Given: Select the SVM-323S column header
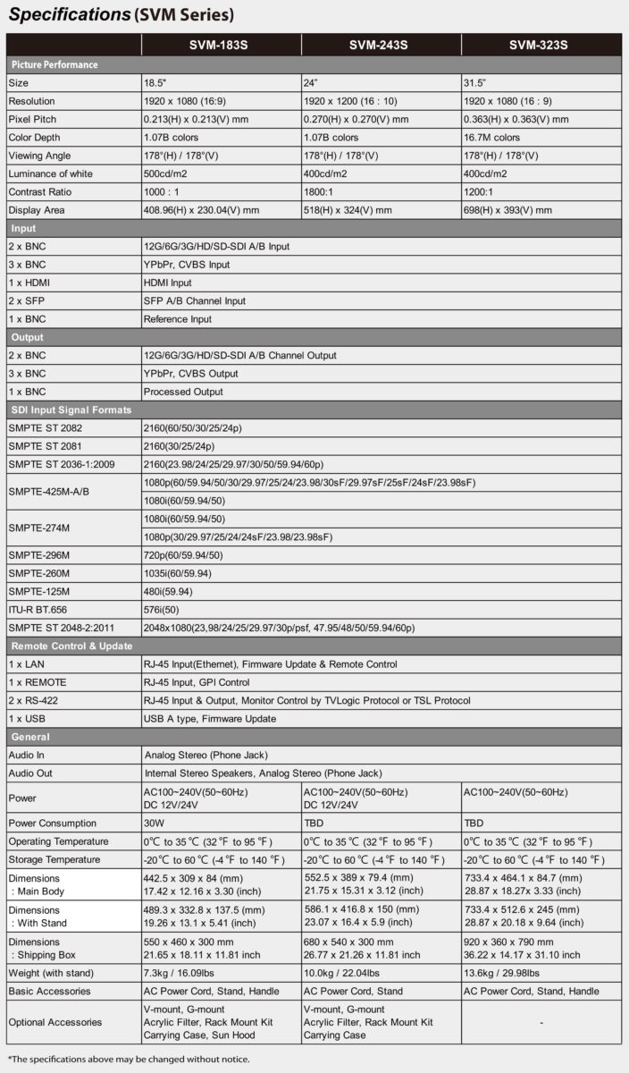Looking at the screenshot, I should click(x=539, y=45).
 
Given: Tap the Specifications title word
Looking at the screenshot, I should click(x=69, y=14).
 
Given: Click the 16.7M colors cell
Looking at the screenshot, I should click(x=491, y=138).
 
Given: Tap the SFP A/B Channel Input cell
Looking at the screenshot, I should click(x=194, y=300).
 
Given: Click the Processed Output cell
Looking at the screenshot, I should click(x=183, y=392).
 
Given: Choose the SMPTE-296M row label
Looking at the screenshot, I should click(x=38, y=555).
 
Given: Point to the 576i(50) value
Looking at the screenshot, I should click(x=164, y=610).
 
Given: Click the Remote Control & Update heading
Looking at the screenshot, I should click(x=71, y=646).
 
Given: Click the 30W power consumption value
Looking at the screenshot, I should click(x=154, y=823).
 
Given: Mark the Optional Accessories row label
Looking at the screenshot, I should click(x=55, y=1022).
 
